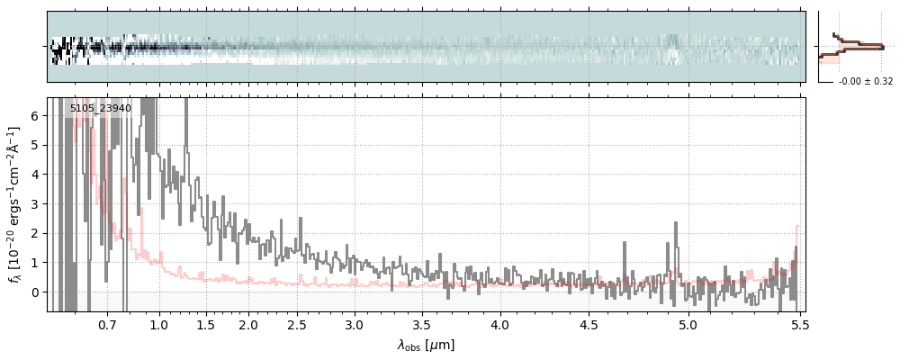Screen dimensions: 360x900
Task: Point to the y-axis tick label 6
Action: click(x=36, y=115)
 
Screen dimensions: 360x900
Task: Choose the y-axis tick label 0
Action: click(x=36, y=292)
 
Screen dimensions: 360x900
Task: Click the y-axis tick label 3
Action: click(x=36, y=203)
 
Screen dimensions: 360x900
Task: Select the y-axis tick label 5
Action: click(x=36, y=145)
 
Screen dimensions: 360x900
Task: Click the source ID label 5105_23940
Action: click(x=101, y=108)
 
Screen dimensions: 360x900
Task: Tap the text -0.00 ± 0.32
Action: click(x=865, y=81)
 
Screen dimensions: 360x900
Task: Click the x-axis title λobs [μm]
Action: click(x=426, y=345)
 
